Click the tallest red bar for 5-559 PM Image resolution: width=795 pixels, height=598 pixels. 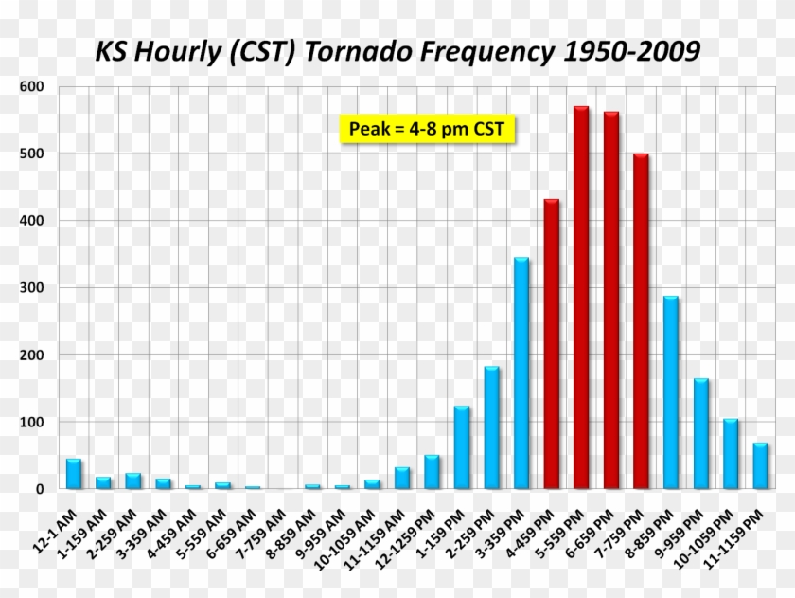[581, 298]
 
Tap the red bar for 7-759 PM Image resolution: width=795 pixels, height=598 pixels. [641, 321]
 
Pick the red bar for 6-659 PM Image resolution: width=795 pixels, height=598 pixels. [611, 300]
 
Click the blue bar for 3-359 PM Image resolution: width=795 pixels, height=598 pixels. [521, 373]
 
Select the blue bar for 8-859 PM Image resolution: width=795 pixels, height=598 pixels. [671, 392]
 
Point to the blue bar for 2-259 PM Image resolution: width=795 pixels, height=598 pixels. [491, 427]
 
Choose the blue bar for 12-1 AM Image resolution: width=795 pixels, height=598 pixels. [73, 474]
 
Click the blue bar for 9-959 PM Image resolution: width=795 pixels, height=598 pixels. [700, 434]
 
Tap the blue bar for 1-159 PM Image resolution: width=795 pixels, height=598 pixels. [462, 447]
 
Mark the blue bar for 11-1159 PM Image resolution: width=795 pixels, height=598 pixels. [760, 465]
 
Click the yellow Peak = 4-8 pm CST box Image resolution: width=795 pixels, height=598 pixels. [426, 129]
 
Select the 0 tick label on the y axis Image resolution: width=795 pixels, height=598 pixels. [41, 489]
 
